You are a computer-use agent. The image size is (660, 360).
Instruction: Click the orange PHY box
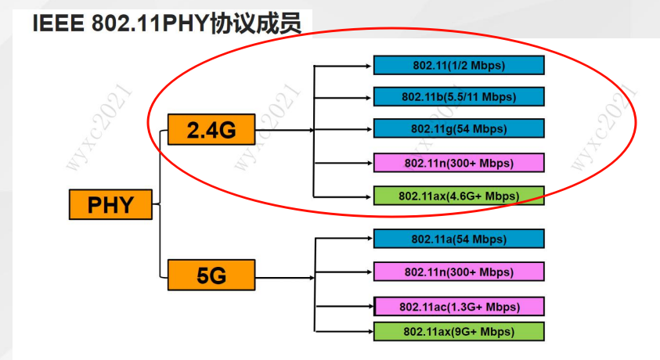pyautogui.click(x=110, y=205)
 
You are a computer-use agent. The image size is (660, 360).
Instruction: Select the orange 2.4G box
pyautogui.click(x=211, y=130)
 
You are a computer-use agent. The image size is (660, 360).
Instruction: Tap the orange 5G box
pyautogui.click(x=211, y=275)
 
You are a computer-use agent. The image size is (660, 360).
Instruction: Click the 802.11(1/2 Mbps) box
pyautogui.click(x=458, y=66)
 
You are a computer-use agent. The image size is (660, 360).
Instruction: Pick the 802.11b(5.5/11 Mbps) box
pyautogui.click(x=458, y=96)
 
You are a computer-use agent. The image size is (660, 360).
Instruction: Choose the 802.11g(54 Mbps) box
pyautogui.click(x=458, y=128)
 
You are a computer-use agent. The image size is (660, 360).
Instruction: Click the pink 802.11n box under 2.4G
pyautogui.click(x=458, y=163)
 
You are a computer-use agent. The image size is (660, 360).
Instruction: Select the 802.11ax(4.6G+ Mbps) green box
pyautogui.click(x=458, y=195)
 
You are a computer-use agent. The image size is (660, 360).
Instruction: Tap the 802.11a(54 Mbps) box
pyautogui.click(x=458, y=239)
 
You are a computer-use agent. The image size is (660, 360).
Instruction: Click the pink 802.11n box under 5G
pyautogui.click(x=458, y=272)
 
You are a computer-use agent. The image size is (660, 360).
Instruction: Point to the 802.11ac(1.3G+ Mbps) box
pyautogui.click(x=458, y=306)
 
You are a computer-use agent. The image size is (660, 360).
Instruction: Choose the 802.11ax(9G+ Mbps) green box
pyautogui.click(x=458, y=332)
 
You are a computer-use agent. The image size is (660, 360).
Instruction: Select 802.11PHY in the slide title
pyautogui.click(x=149, y=23)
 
